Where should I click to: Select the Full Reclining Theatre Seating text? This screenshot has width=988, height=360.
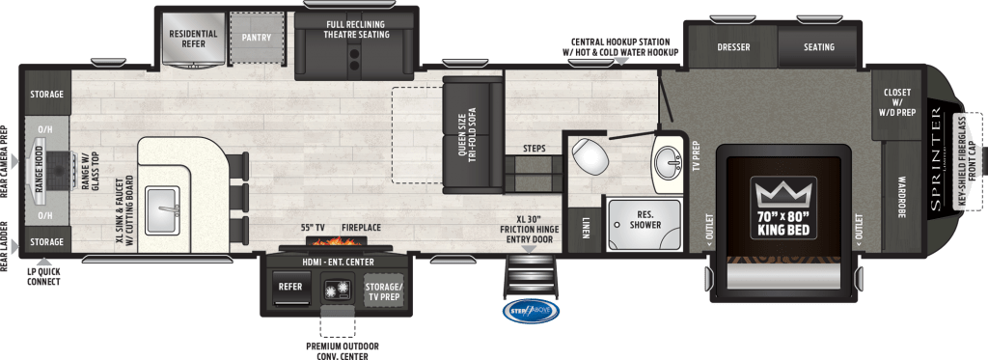[x=357, y=29]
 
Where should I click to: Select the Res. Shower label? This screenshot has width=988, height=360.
[x=644, y=219]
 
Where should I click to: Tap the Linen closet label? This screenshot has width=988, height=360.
[x=586, y=226]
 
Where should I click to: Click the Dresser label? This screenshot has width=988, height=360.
[x=734, y=46]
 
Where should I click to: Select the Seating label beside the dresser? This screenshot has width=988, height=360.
[x=818, y=46]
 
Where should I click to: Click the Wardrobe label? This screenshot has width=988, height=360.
[x=899, y=198]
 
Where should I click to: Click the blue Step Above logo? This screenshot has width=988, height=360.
[x=529, y=311]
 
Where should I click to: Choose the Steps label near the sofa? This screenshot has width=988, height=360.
[x=534, y=149]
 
